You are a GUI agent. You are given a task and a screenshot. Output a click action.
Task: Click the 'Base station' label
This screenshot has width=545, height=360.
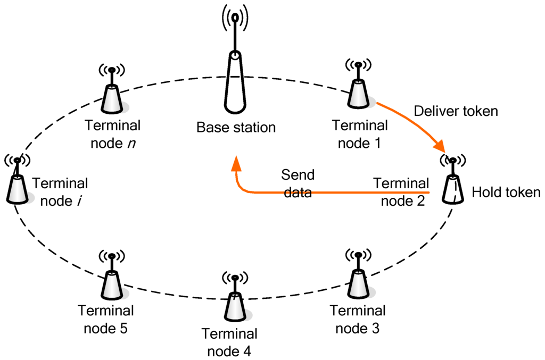pos(236,128)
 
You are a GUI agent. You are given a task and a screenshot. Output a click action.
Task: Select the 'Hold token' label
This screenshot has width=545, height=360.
pos(506,192)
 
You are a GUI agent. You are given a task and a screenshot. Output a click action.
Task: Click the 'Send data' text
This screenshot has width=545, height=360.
pos(298,183)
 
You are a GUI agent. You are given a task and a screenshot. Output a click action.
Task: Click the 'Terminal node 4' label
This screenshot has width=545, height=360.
pos(229,342)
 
